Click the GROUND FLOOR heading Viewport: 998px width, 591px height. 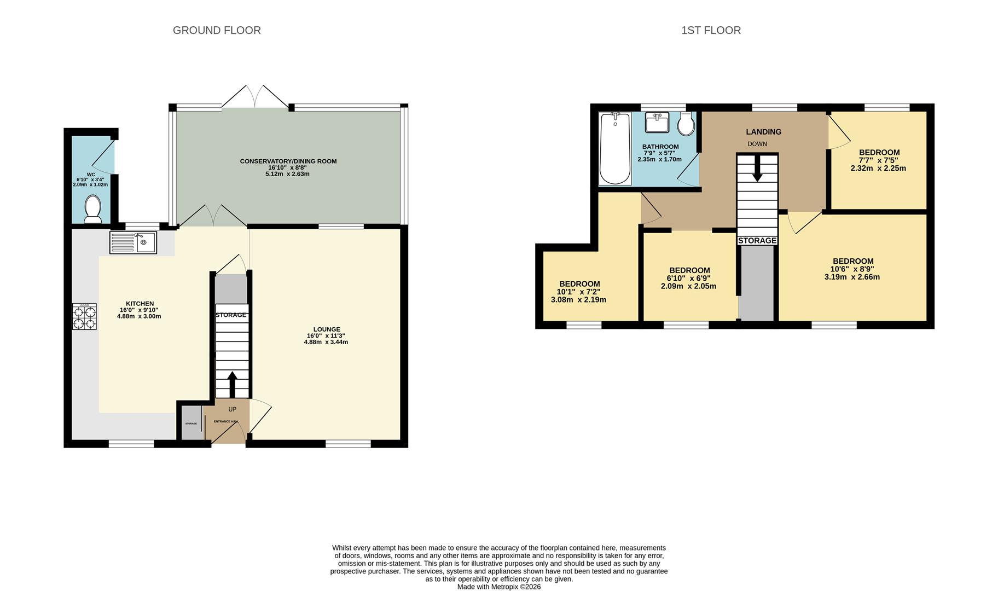217,31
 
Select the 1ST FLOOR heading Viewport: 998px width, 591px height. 711,31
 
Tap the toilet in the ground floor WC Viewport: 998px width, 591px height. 92,210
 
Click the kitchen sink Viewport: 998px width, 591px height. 134,242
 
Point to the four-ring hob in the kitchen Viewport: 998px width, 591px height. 84,316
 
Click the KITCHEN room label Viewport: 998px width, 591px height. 140,304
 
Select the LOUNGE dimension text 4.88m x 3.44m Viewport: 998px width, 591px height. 326,342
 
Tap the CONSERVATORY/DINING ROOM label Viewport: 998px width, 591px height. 288,161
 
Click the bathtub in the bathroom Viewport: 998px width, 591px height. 615,148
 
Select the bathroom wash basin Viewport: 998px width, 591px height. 657,123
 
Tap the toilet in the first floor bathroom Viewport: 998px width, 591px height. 686,124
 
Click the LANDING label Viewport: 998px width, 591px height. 763,132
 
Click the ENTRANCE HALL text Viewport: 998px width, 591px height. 226,421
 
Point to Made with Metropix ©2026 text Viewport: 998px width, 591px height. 498,587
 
